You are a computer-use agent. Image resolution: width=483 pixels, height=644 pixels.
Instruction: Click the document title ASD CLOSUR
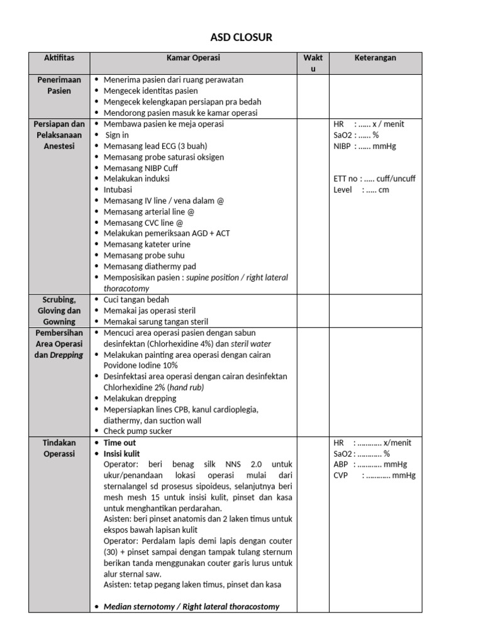[241, 38]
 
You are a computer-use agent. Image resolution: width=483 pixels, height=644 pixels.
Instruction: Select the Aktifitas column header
[59, 58]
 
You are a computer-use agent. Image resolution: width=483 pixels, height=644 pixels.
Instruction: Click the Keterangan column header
[375, 58]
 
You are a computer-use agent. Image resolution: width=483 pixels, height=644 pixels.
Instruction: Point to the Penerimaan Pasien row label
[59, 86]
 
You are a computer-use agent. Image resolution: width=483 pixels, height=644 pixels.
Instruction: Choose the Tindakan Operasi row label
[59, 448]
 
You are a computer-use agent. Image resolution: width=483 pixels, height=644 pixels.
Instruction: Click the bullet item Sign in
[117, 135]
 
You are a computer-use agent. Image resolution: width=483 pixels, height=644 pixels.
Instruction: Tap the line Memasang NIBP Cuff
[141, 168]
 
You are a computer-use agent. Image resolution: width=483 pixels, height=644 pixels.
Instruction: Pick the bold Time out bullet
[119, 443]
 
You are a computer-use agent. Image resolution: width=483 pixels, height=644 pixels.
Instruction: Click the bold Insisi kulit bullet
[121, 453]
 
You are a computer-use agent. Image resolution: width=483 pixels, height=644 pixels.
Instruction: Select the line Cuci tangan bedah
[136, 299]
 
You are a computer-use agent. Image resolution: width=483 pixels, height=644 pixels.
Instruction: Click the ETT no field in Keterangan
[374, 179]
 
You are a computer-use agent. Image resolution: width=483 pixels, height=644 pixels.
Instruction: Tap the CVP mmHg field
[374, 475]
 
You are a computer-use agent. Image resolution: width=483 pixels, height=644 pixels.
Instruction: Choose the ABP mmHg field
[370, 465]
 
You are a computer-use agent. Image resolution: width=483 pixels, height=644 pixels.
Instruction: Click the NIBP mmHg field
[365, 146]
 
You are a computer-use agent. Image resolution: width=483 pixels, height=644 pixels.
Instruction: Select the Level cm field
[362, 189]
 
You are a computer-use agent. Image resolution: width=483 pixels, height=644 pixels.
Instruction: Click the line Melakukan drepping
[140, 398]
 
